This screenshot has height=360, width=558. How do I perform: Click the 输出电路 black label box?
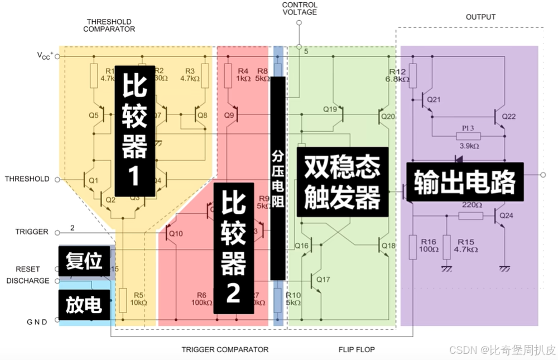464,182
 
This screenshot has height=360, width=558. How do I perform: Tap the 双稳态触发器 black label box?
342,181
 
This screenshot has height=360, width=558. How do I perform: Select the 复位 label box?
84,261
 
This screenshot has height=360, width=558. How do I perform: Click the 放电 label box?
84,305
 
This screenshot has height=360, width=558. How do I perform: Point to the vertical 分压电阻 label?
278,179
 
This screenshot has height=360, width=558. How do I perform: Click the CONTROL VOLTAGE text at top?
300,8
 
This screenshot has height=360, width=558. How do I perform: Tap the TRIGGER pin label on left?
32,232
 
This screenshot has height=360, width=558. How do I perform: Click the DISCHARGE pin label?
28,281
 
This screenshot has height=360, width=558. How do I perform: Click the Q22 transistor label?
509,117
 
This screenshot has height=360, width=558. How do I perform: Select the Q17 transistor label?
323,279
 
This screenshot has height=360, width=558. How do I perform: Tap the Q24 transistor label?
507,215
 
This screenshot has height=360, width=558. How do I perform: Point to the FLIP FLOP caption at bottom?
357,349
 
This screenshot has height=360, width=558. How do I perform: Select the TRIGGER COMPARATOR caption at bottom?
225,349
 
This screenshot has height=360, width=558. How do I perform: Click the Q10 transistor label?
175,233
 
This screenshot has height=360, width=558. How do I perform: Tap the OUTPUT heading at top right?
480,17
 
